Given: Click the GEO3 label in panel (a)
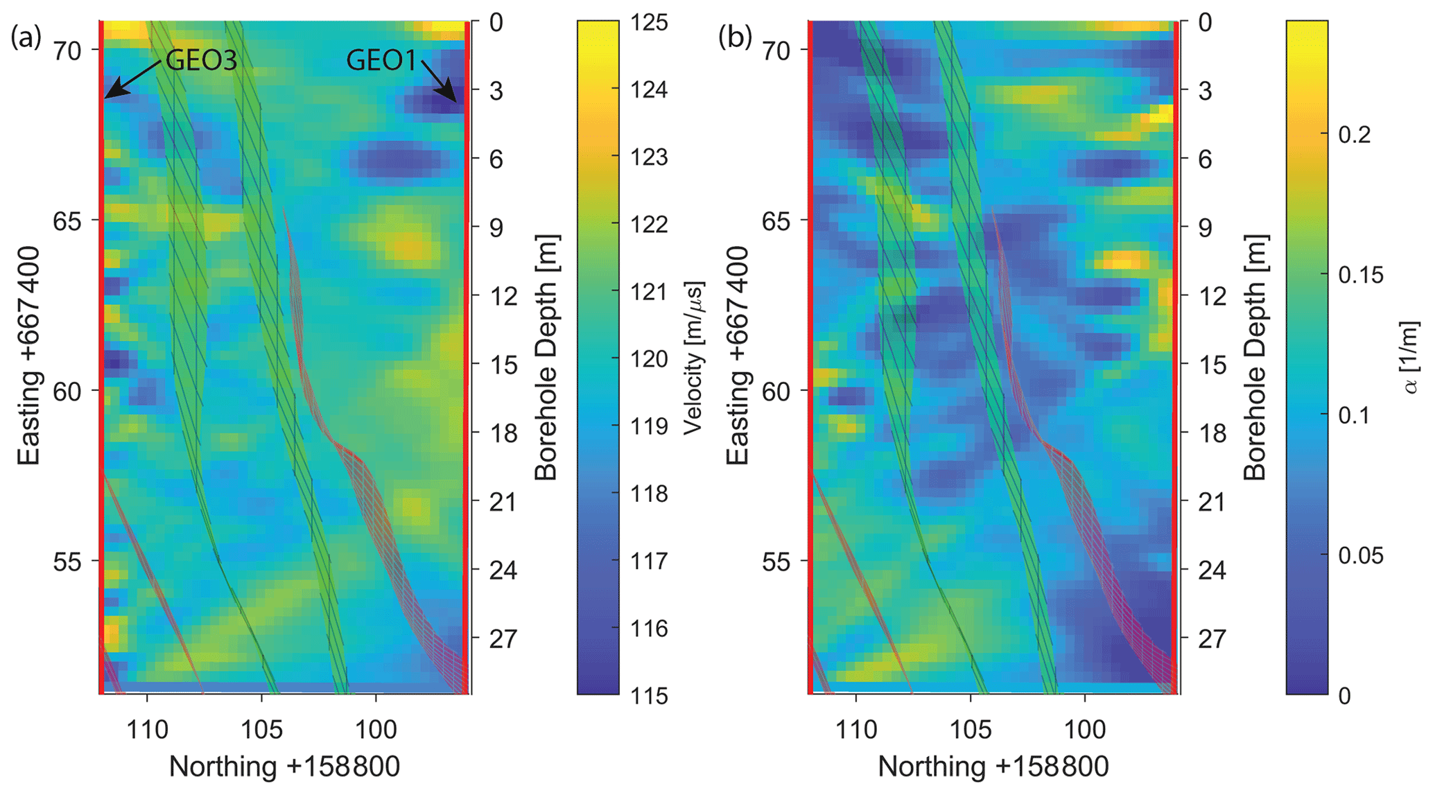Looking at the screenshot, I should coord(202,61).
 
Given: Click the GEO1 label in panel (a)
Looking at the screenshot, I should coord(381,61).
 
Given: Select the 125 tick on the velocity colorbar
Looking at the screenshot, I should coord(650,23).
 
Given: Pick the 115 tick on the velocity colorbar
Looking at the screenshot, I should coord(650,695).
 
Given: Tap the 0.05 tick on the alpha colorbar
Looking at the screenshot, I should coord(1360,556).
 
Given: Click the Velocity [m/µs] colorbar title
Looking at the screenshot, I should coord(693,358).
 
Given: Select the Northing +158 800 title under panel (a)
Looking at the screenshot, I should coord(284,767).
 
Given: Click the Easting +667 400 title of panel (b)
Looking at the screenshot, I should coord(738,357).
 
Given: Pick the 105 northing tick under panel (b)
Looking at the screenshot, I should coord(970,730).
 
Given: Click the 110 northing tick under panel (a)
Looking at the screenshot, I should coord(147,730).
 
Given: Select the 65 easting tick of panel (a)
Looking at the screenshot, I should coord(67,221).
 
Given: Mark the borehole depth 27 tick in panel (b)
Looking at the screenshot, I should coord(1211,638).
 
